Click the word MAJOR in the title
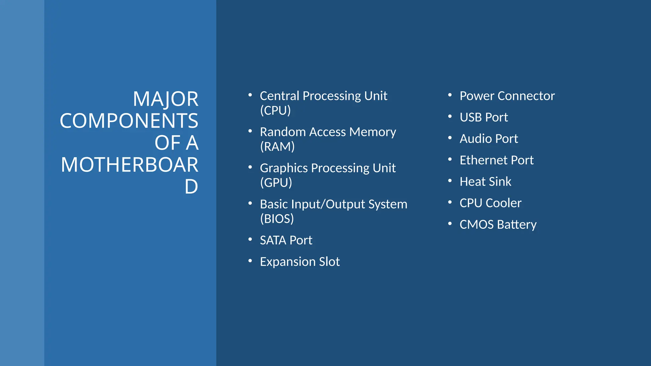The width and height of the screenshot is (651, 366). [x=166, y=99]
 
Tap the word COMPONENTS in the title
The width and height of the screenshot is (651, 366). [x=129, y=121]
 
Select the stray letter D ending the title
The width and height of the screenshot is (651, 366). [x=191, y=187]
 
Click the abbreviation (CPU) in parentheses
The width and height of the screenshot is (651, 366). [x=275, y=111]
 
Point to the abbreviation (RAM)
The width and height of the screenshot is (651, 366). [x=277, y=147]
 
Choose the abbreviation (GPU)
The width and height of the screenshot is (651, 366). [x=276, y=183]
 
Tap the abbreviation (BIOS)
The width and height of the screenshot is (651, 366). [x=277, y=219]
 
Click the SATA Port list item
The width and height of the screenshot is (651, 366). [x=286, y=241]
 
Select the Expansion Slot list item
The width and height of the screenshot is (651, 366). [x=300, y=262]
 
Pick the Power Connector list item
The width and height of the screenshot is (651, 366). [x=507, y=96]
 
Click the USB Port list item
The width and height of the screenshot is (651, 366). [x=483, y=118]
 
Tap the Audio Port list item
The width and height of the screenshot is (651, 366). [x=489, y=139]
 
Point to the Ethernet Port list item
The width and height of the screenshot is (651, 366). [x=497, y=160]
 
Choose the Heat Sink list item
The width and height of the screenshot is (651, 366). [x=485, y=182]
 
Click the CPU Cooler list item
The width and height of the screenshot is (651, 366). [x=490, y=203]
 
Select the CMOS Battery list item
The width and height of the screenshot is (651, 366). [x=498, y=225]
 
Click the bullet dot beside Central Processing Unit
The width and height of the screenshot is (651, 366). [x=250, y=95]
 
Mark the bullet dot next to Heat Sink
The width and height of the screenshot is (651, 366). [x=450, y=181]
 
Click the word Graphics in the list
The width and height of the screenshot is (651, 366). [x=284, y=168]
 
